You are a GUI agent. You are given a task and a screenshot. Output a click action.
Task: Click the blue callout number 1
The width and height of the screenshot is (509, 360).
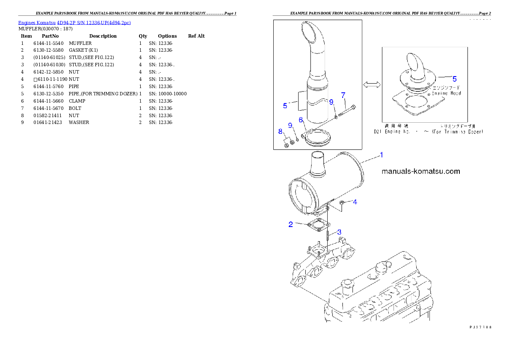[382, 154]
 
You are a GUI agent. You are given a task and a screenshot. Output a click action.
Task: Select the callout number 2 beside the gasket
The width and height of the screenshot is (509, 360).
[291, 224]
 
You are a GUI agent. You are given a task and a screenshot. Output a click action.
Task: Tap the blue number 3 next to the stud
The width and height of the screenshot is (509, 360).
[339, 232]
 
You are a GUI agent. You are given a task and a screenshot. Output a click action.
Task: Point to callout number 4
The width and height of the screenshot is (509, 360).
[355, 202]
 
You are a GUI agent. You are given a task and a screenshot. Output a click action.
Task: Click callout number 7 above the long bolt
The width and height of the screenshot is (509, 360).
[343, 95]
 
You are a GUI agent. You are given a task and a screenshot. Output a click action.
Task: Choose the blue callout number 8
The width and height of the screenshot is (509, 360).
[280, 131]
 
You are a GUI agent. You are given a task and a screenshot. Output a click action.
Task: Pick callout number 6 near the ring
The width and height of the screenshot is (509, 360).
[301, 120]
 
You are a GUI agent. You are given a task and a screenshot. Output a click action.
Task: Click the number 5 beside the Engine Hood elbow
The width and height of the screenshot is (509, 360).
[455, 79]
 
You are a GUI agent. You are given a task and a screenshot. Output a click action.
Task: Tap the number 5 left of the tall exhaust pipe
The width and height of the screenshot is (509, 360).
[285, 105]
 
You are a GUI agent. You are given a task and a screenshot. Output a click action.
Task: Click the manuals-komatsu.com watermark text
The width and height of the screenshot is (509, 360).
[420, 171]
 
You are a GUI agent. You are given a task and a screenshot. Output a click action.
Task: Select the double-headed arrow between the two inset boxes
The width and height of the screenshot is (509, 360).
[371, 86]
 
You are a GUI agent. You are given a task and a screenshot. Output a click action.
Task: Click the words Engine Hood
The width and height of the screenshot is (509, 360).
[446, 93]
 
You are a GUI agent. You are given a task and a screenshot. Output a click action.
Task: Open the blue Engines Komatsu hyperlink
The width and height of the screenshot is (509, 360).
[74, 22]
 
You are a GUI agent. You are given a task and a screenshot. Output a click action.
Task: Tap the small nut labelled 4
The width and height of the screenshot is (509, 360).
[343, 202]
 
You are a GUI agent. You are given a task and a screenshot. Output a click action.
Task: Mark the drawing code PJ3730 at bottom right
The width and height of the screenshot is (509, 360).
[480, 327]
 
